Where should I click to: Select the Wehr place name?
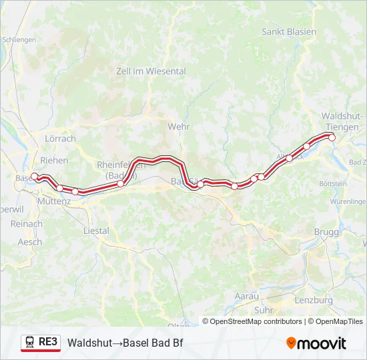tap(179, 127)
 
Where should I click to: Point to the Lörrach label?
tap(59, 139)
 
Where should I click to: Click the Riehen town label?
tap(54, 160)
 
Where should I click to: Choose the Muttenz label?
tap(54, 200)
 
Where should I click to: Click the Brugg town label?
tap(326, 231)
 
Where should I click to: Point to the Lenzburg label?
tap(312, 300)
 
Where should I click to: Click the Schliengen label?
tap(19, 40)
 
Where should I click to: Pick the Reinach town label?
tap(27, 225)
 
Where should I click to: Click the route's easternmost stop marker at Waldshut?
tap(332, 137)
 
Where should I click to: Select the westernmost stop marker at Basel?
tap(35, 177)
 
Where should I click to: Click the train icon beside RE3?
tap(29, 342)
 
